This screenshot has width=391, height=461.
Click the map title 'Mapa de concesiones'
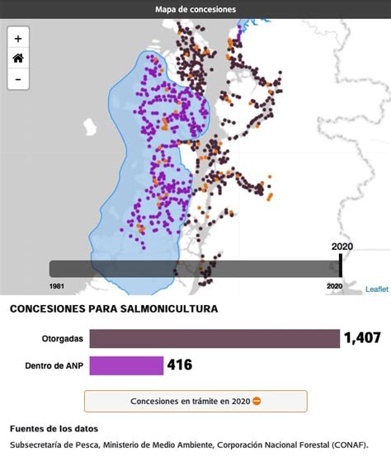click(195, 9)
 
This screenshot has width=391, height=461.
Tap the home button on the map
click(18, 59)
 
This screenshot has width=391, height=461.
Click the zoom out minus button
click(18, 79)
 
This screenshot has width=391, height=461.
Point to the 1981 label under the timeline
click(57, 286)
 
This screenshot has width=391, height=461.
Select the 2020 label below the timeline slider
click(334, 286)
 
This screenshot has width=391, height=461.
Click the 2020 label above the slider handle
click(342, 247)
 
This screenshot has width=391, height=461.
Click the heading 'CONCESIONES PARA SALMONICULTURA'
click(114, 309)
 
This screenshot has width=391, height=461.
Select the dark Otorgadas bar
click(214, 339)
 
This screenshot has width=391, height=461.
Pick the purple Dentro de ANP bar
click(126, 365)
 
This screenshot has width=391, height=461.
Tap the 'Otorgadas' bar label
click(63, 339)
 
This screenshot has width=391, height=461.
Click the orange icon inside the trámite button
click(257, 402)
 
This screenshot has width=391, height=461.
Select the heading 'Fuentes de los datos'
click(54, 429)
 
